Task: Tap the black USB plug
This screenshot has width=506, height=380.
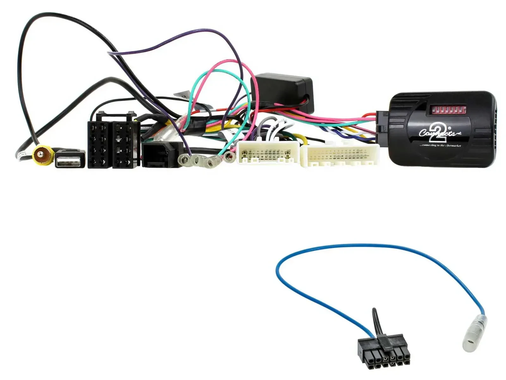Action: [x=70, y=159]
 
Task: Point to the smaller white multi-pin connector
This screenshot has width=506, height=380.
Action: [x=268, y=153]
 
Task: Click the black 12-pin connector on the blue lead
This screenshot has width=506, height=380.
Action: [x=384, y=350]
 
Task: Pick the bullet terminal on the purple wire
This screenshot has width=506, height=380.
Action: [x=187, y=160]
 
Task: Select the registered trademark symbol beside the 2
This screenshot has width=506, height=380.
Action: [x=445, y=125]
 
